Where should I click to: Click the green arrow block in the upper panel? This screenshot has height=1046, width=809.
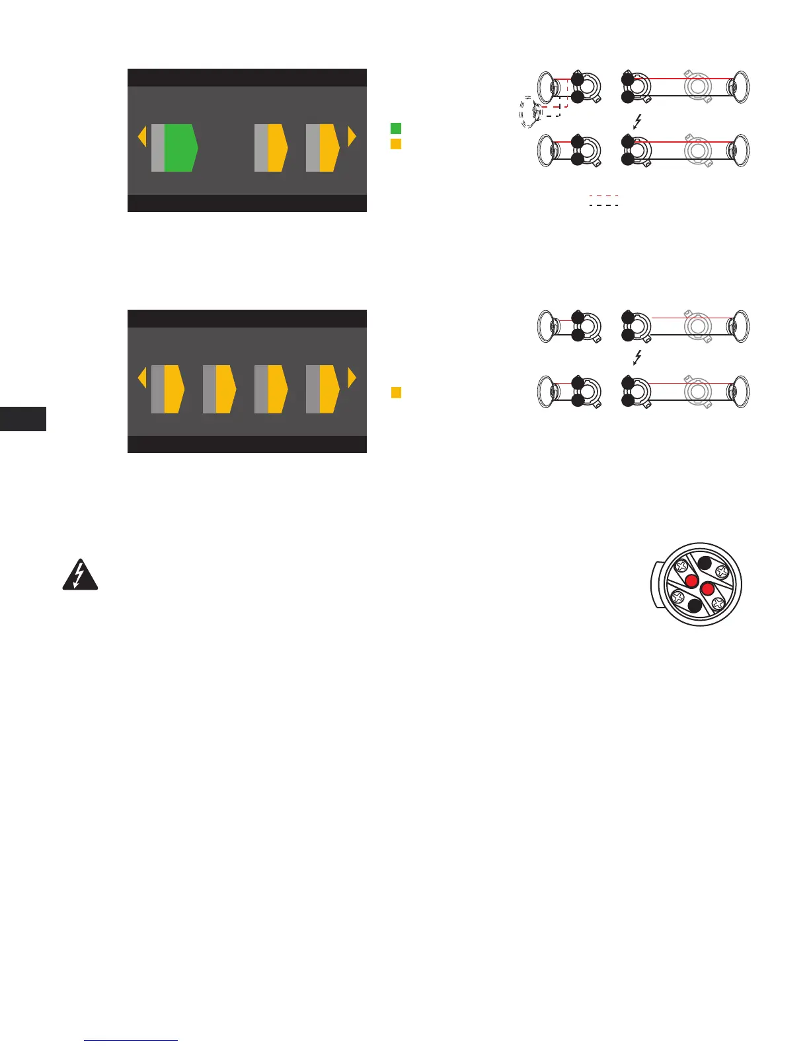coord(180,147)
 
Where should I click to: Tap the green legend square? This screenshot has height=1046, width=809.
coord(396,128)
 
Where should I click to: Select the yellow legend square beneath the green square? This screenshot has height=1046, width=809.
coord(396,143)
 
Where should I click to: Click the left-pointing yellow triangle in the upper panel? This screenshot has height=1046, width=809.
coord(141,137)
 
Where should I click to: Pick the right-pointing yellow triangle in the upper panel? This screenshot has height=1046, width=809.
coord(352,137)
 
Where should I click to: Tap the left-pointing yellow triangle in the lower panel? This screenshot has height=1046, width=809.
coord(141,378)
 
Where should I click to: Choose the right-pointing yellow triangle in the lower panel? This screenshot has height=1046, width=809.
coord(352,378)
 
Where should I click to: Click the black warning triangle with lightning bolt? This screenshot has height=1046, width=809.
coord(80,575)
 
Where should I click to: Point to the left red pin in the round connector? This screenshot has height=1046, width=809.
coord(691,581)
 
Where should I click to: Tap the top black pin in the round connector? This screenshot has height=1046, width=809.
coord(705,564)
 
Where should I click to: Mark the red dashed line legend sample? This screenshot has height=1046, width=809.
coord(603,196)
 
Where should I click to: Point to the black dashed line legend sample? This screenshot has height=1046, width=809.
coord(603,205)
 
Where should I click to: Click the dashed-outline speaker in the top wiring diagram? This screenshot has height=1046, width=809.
coord(530,112)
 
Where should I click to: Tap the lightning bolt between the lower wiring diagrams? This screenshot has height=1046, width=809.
coord(637,358)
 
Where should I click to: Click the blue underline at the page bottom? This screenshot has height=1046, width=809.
coord(132,1040)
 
